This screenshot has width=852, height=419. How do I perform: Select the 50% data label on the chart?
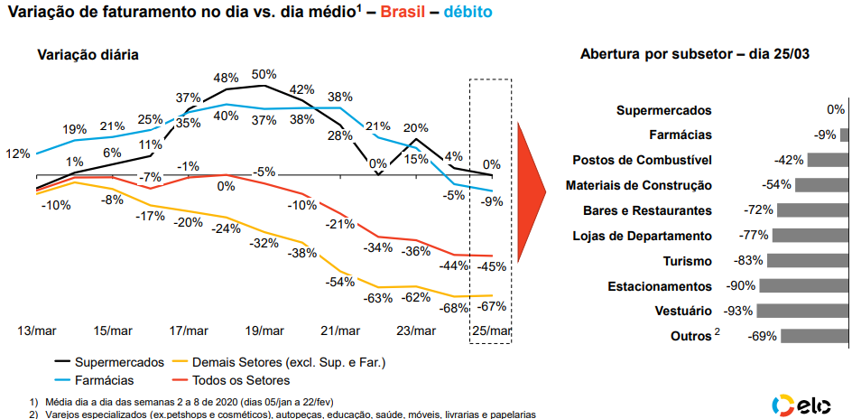click(264, 74)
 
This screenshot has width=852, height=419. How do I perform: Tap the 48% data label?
click(226, 78)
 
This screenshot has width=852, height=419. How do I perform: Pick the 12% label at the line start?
click(18, 154)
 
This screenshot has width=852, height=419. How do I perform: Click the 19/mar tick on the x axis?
click(265, 331)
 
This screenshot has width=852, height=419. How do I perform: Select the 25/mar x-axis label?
click(492, 331)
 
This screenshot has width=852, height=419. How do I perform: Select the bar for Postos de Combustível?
click(828, 160)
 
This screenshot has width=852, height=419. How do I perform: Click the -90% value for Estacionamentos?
click(741, 286)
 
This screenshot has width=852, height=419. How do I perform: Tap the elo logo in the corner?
click(806, 405)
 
